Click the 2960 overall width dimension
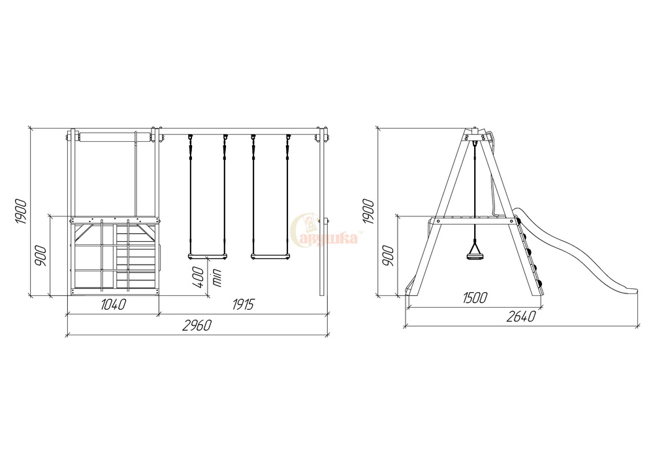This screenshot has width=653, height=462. point(197,325)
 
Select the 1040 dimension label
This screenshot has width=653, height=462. point(113,305)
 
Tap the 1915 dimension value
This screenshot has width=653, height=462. point(243,305)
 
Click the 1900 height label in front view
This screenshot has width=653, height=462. point(21,212)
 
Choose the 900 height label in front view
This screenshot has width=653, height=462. point(40,256)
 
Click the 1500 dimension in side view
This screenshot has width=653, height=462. point(475,297)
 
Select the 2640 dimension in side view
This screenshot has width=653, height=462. point(521,317)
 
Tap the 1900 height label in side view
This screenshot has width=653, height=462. point(368,212)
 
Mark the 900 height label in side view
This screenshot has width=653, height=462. point(388,256)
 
